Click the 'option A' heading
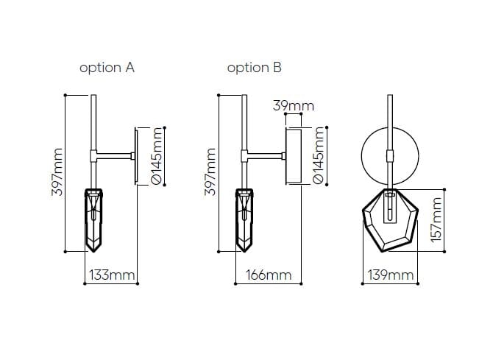pos(107,68)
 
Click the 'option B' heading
pos(254,68)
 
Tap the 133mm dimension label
pos(112,275)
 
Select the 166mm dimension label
pos(269,275)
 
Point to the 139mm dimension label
pos(391,275)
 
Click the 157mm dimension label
pos(436,219)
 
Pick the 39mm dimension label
pos(294,106)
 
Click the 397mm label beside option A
pos(57,172)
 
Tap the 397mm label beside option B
pos(210,172)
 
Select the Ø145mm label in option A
pos(157,156)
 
